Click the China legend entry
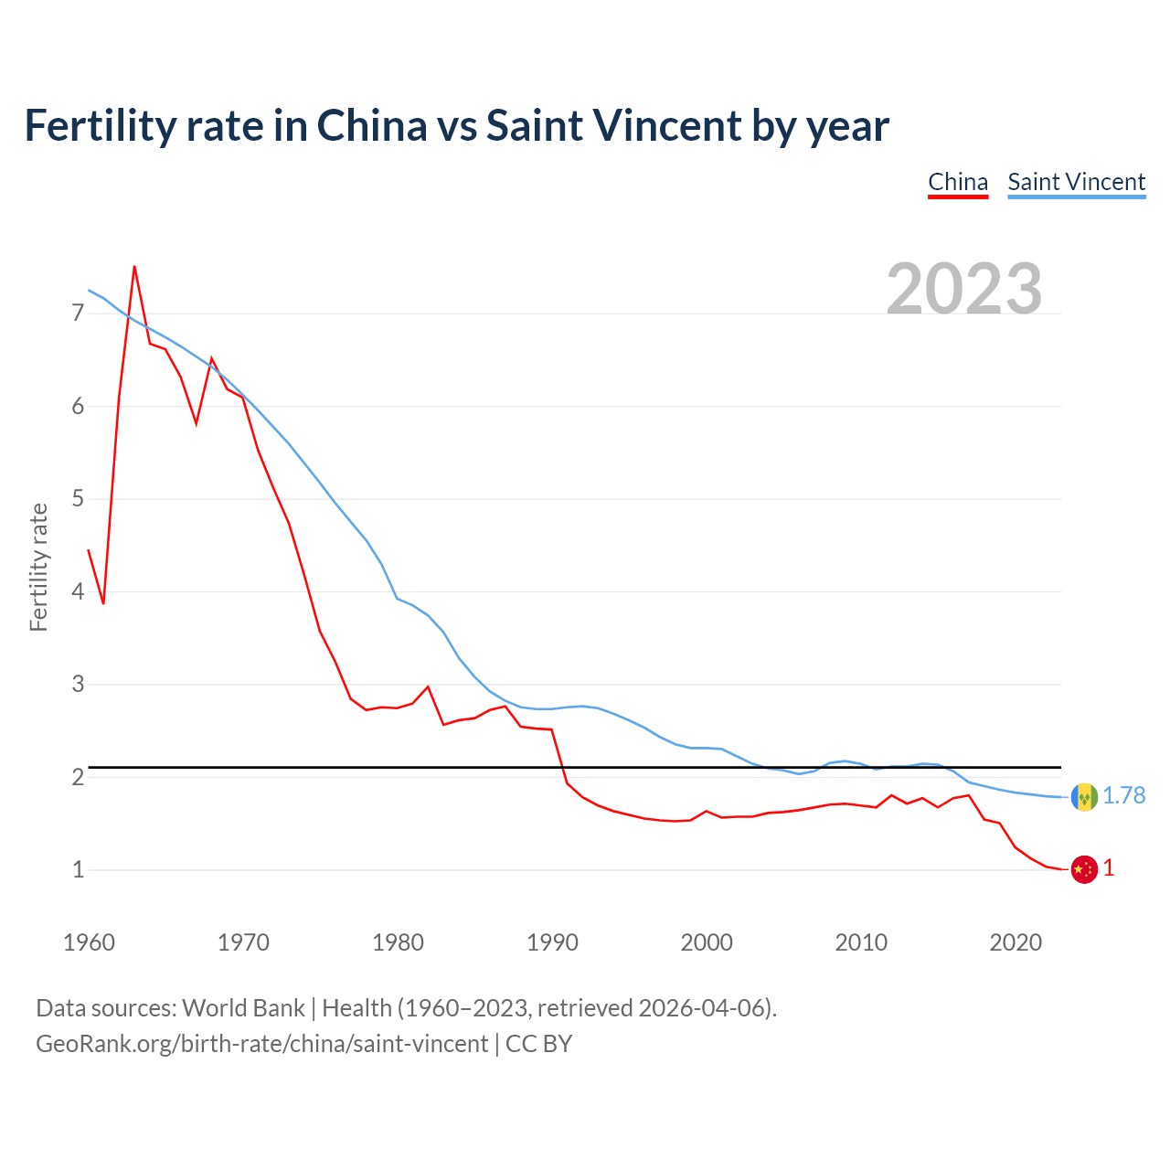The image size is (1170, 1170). [x=958, y=182]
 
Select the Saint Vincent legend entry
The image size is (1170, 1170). [x=1076, y=182]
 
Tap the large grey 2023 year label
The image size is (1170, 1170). [x=964, y=289]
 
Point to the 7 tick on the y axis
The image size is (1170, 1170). [x=78, y=314]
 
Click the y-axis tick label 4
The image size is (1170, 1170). [x=78, y=591]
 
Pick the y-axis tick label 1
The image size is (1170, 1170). [x=78, y=869]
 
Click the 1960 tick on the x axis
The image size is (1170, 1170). [x=89, y=942]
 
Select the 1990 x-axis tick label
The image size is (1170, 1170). [x=552, y=942]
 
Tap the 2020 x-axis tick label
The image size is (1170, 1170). [x=1016, y=942]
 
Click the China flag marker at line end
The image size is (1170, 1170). [x=1084, y=869]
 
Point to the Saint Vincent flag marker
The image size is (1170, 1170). [x=1084, y=797]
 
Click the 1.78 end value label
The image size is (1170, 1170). [x=1123, y=796]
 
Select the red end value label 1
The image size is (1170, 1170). [x=1109, y=868]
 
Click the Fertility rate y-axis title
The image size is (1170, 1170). [x=38, y=567]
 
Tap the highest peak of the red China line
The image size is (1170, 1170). [x=134, y=267]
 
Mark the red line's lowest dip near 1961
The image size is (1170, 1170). [x=103, y=603]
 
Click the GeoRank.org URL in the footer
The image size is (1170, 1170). [x=261, y=1044]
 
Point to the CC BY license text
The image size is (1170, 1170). [x=538, y=1044]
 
